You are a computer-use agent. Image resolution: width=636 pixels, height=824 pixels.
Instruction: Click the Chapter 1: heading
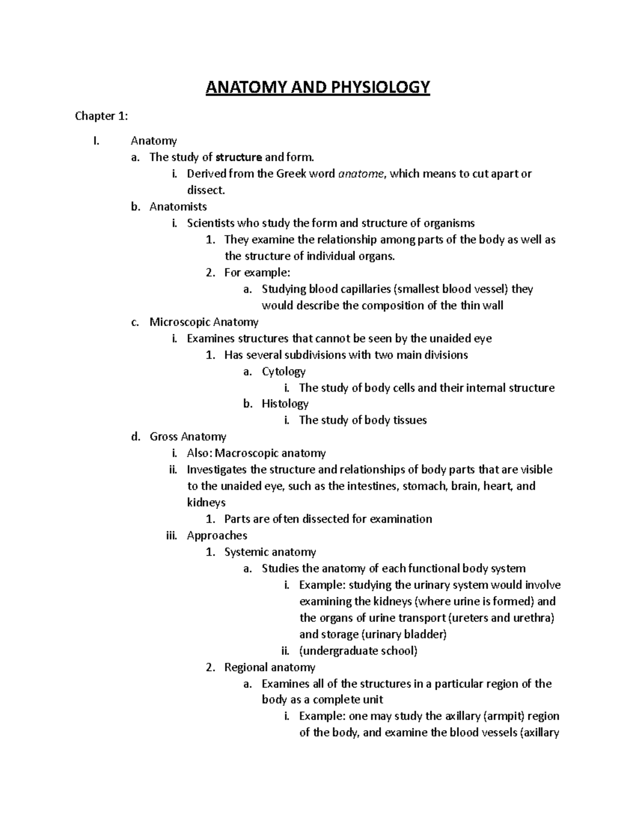point(101,116)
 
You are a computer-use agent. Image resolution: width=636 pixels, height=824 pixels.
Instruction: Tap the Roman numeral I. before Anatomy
point(95,141)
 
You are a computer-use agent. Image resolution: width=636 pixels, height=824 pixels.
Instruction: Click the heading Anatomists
point(178,206)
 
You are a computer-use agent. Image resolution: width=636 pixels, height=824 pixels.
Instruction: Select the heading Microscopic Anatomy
point(204,322)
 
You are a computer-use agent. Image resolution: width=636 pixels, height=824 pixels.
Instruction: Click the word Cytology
point(284,371)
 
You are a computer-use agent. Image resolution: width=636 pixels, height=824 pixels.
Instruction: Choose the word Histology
point(285,404)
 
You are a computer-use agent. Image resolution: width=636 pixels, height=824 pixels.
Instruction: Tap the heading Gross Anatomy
point(188,437)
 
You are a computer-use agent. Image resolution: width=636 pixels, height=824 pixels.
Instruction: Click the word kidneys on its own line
point(206,502)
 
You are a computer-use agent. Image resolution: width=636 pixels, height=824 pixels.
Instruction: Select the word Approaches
point(217,535)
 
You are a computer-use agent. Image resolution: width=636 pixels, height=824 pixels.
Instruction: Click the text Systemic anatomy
point(270,552)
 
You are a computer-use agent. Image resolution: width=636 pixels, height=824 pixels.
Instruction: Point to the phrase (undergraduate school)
point(358,651)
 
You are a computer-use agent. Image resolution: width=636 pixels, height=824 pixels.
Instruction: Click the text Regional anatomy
point(270,667)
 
